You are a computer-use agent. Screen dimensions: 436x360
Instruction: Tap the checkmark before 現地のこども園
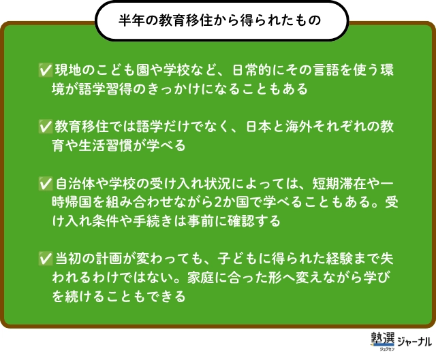pyautogui.click(x=46, y=70)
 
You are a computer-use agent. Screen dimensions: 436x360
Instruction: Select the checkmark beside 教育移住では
pyautogui.click(x=46, y=127)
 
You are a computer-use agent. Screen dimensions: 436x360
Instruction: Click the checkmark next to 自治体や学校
pyautogui.click(x=46, y=183)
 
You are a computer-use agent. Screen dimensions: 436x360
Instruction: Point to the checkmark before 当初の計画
pyautogui.click(x=46, y=259)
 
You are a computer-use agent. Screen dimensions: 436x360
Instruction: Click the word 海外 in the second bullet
pyautogui.click(x=300, y=127)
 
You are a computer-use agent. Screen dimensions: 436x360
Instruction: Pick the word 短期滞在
pyautogui.click(x=339, y=183)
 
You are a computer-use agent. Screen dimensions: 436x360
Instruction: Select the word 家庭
pyautogui.click(x=200, y=277)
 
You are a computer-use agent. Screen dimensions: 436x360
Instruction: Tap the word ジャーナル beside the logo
pyautogui.click(x=415, y=342)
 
